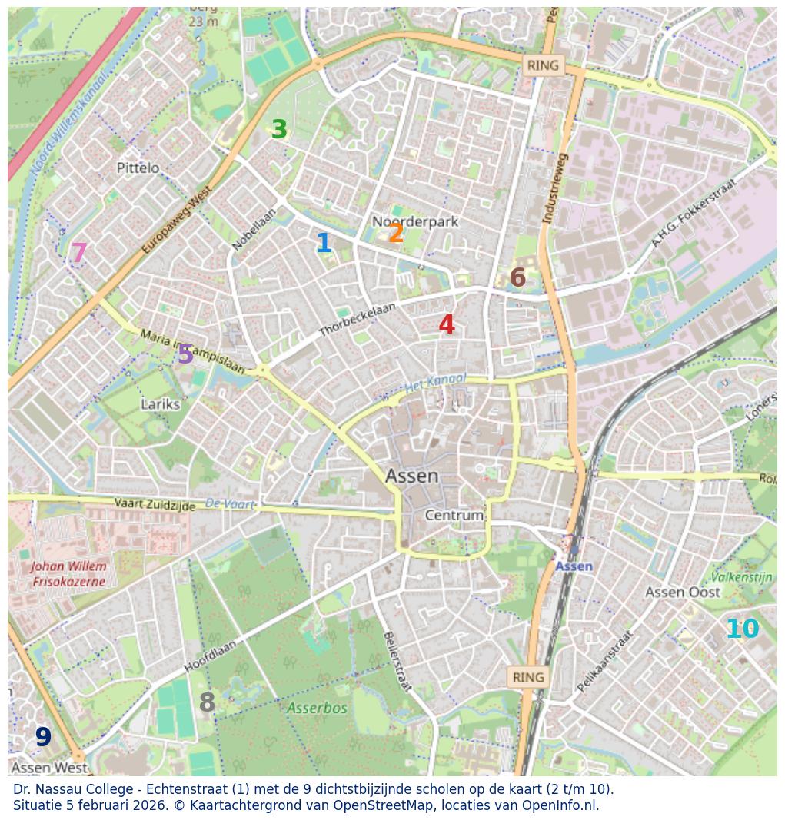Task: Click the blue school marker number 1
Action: (x=324, y=244)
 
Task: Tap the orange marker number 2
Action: (x=396, y=234)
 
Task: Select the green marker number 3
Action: (x=279, y=130)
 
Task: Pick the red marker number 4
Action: (x=447, y=325)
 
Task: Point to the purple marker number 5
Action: (x=185, y=354)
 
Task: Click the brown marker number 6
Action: (x=517, y=278)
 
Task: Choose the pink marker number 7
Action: (x=78, y=253)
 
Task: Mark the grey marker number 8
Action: (x=207, y=703)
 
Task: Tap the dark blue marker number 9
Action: (x=43, y=738)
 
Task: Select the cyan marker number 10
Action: (x=742, y=629)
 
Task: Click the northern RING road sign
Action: (x=543, y=66)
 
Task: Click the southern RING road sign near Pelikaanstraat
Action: (x=527, y=677)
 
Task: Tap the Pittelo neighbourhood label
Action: (x=138, y=168)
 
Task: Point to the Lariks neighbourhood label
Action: (x=161, y=404)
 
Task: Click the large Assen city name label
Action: (x=412, y=476)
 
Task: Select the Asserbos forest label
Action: (x=317, y=708)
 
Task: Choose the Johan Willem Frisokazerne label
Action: (x=69, y=574)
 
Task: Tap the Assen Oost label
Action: (x=682, y=592)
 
